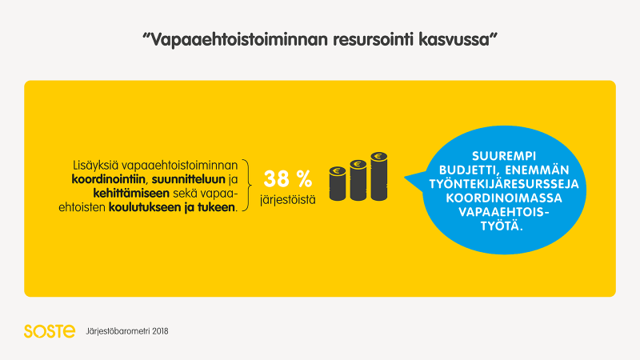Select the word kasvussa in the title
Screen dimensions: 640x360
point(454,40)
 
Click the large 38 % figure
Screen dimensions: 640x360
point(288,178)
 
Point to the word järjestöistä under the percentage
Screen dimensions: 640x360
point(288,200)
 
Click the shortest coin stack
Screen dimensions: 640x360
point(338,184)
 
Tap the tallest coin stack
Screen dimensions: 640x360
point(379,176)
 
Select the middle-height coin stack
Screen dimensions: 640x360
point(358,180)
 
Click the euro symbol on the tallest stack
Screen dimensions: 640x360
point(379,156)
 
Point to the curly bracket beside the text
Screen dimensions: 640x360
point(246,186)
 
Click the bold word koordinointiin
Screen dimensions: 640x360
point(109,179)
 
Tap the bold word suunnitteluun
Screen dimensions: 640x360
point(189,179)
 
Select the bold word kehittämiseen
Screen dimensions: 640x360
point(131,194)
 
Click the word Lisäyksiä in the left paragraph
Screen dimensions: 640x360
point(95,166)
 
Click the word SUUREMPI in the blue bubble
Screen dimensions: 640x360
point(504,156)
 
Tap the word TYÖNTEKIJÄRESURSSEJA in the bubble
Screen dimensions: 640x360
point(504,184)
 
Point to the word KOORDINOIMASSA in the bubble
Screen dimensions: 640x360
point(504,198)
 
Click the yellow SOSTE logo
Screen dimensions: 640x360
point(50,331)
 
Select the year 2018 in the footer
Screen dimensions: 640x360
point(160,331)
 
